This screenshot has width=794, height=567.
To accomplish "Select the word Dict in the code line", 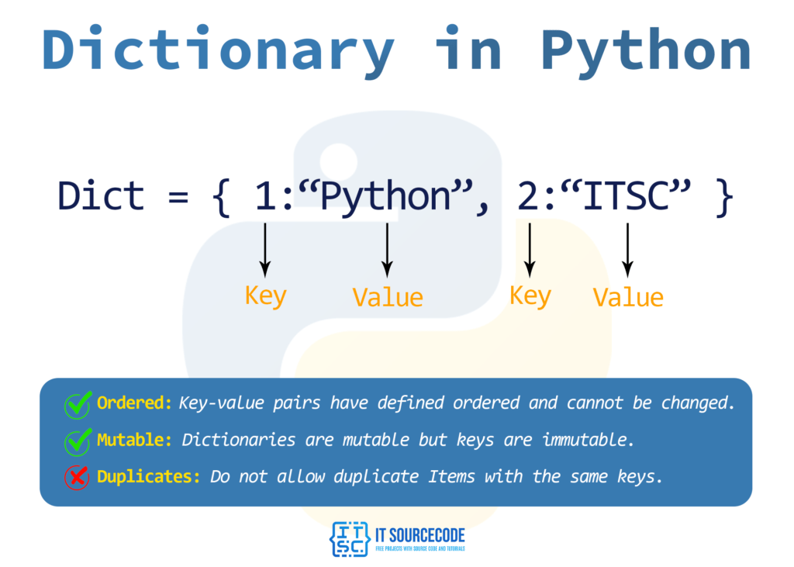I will click(x=101, y=195).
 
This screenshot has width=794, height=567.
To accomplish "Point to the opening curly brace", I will click(x=220, y=197).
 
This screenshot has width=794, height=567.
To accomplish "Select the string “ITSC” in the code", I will click(x=627, y=197).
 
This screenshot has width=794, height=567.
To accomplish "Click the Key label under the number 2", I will click(x=530, y=296).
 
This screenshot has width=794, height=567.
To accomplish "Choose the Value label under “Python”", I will click(x=388, y=297).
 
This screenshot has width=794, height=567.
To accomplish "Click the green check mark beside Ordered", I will click(x=77, y=404).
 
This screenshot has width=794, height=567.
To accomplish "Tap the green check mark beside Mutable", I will click(x=77, y=441).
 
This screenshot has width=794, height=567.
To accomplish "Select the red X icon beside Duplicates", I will click(x=77, y=477).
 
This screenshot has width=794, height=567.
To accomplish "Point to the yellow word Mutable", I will click(x=134, y=440).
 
